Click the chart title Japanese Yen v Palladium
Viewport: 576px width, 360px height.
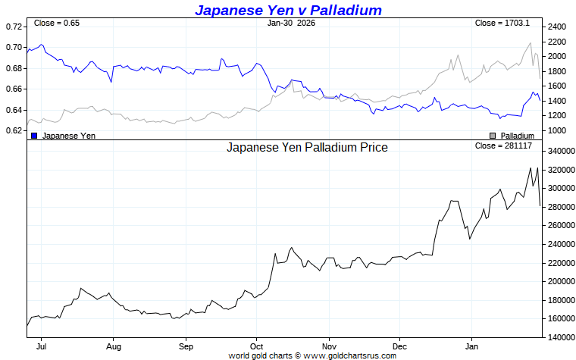tap(288, 10)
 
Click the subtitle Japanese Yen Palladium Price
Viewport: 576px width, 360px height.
tap(307, 147)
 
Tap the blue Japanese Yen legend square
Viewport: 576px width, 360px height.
tap(34, 135)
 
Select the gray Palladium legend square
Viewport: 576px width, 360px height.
tap(493, 135)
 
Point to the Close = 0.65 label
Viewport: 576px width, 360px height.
tap(57, 23)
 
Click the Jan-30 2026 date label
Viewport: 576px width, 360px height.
tap(292, 23)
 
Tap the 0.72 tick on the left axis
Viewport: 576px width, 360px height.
tap(14, 27)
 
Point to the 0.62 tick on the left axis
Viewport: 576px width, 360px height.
tap(14, 130)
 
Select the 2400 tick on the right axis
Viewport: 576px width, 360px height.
tap(556, 27)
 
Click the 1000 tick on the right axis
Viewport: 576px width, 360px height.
tap(556, 130)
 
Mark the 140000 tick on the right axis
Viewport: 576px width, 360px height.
tap(561, 337)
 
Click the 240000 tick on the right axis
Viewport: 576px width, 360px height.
tap(561, 244)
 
